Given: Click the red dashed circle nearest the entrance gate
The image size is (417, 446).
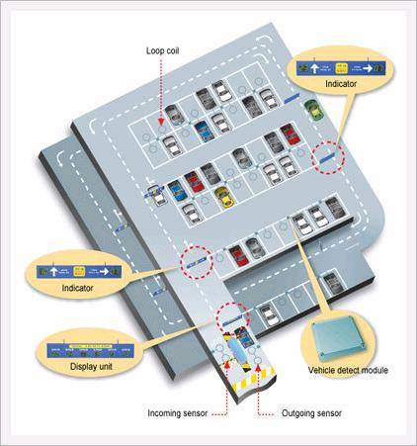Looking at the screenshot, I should pos(229,317).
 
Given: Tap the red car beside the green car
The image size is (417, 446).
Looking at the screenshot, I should pos(288,134).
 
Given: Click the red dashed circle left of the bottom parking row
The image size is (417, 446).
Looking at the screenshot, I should pos(197,260).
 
